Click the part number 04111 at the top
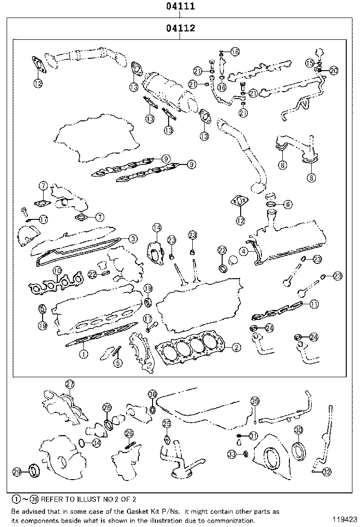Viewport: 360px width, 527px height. pyautogui.click(x=180, y=7)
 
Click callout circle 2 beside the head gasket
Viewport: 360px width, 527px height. pyautogui.click(x=236, y=347)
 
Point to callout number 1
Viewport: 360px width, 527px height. pyautogui.click(x=83, y=353)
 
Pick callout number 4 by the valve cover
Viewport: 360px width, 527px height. pyautogui.click(x=243, y=251)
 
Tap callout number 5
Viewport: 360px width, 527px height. pyautogui.click(x=117, y=363)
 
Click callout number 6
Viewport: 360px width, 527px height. pyautogui.click(x=288, y=204)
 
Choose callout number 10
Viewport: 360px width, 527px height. pyautogui.click(x=57, y=271)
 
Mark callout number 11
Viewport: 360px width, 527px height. pyautogui.click(x=315, y=304)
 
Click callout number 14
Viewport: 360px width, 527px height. pyautogui.click(x=157, y=228)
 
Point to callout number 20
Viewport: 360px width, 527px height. pyautogui.click(x=333, y=71)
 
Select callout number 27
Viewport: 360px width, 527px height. pyautogui.click(x=70, y=384)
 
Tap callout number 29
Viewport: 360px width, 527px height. pyautogui.click(x=17, y=472)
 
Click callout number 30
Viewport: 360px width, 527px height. pyautogui.click(x=298, y=430)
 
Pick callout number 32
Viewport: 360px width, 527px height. pyautogui.click(x=327, y=471)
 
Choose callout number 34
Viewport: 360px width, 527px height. pyautogui.click(x=96, y=443)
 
